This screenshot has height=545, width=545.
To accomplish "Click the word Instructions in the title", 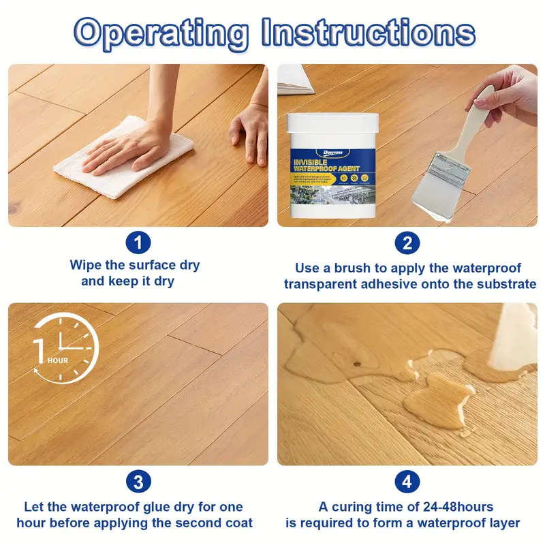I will click(x=368, y=32).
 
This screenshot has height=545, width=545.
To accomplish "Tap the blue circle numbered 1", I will click(x=138, y=243).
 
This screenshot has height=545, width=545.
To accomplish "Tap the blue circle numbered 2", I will click(x=407, y=243).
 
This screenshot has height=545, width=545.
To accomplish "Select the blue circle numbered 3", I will click(x=138, y=482).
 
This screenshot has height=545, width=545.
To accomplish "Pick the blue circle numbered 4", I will click(x=407, y=482).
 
